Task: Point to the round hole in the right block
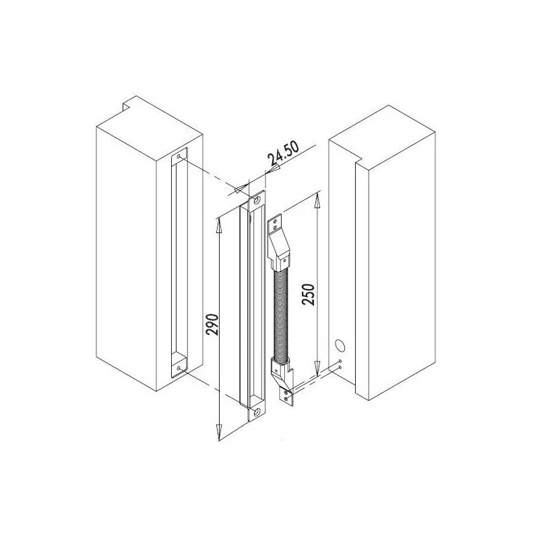pyautogui.click(x=339, y=346)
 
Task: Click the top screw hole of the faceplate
pyautogui.click(x=256, y=200)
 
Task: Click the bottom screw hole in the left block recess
pyautogui.click(x=178, y=367)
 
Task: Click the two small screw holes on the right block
pyautogui.click(x=342, y=365)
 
